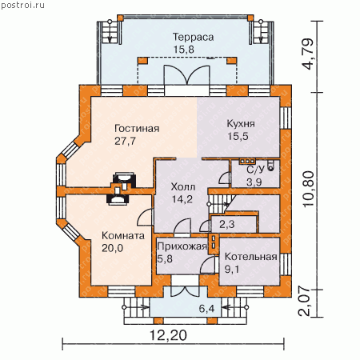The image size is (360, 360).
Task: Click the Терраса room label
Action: point(194,37)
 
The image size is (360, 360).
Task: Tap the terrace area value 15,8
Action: point(184,50)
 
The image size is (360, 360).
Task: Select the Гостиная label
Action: point(137,129)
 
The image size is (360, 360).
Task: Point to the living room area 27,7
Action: point(125,141)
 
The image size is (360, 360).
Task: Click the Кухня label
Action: point(241,124)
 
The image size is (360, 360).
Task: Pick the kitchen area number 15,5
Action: point(238,136)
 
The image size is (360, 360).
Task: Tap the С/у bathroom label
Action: point(255,170)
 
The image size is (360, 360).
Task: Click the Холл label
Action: point(183,186)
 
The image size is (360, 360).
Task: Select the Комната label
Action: point(123,236)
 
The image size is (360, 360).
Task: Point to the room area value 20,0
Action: point(112,248)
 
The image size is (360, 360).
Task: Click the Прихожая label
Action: point(182,246)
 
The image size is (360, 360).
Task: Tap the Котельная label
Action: point(251,257)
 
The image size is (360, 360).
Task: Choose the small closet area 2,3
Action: point(227,225)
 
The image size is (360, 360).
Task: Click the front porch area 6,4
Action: point(206,309)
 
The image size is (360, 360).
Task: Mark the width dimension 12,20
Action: point(168,335)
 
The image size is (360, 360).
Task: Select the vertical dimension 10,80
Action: point(309,189)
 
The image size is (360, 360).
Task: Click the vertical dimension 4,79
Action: point(309,54)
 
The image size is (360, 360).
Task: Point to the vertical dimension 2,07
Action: point(305,302)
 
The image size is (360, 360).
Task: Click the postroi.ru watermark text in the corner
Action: point(22,6)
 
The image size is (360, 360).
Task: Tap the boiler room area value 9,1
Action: point(232,270)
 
